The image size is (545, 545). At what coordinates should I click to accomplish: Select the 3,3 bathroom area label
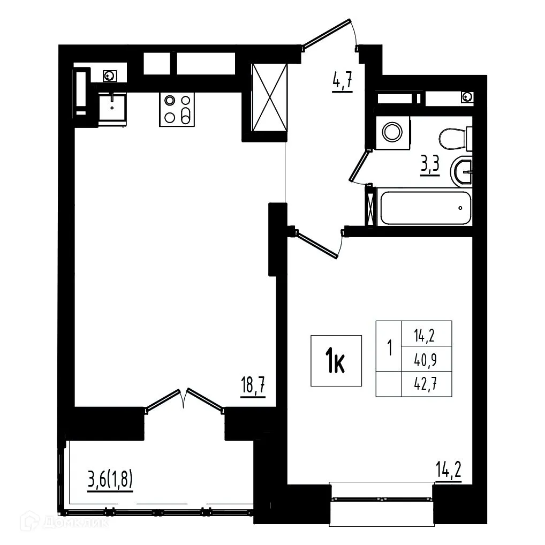[x=430, y=165]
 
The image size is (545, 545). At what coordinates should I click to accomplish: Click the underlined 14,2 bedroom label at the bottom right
[x=448, y=474]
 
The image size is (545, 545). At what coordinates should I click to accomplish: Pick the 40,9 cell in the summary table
[x=426, y=359]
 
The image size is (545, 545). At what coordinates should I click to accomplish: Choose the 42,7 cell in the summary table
[x=426, y=383]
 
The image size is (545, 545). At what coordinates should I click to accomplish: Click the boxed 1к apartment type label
[x=336, y=361]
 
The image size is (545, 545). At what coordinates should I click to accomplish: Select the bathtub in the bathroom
[x=425, y=207]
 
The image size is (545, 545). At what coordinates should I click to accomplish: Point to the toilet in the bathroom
[x=454, y=139]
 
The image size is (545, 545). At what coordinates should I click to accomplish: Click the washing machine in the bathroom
[x=392, y=130]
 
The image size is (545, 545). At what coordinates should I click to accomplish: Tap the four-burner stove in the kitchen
[x=176, y=109]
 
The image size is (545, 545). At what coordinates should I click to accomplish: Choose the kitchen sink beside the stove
[x=112, y=110]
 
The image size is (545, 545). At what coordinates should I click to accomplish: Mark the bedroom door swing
[x=319, y=243]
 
